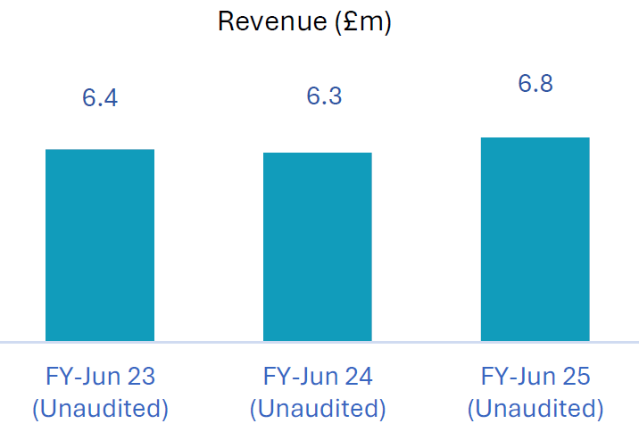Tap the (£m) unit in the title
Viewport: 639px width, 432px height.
(x=364, y=22)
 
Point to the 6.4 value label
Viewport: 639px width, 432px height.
(x=100, y=98)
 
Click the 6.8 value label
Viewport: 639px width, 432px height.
(x=535, y=84)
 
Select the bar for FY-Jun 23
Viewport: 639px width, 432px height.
(x=100, y=245)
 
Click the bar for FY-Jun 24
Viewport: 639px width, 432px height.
(x=317, y=246)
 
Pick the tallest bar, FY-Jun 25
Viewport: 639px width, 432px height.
(x=535, y=239)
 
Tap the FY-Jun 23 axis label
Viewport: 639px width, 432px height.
(x=100, y=376)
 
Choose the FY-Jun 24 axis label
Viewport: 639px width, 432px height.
(x=317, y=376)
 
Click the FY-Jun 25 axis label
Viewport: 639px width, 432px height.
(x=535, y=376)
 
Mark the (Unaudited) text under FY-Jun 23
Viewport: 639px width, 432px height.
(x=100, y=410)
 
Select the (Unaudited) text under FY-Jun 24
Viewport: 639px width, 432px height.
(x=317, y=410)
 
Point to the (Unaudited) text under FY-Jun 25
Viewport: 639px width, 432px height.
(x=535, y=410)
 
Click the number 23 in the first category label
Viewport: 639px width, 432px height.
(x=141, y=376)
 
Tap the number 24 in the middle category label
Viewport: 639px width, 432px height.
(x=359, y=376)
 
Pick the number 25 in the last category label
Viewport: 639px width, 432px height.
(x=577, y=376)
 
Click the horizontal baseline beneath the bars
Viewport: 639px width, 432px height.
(x=319, y=342)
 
